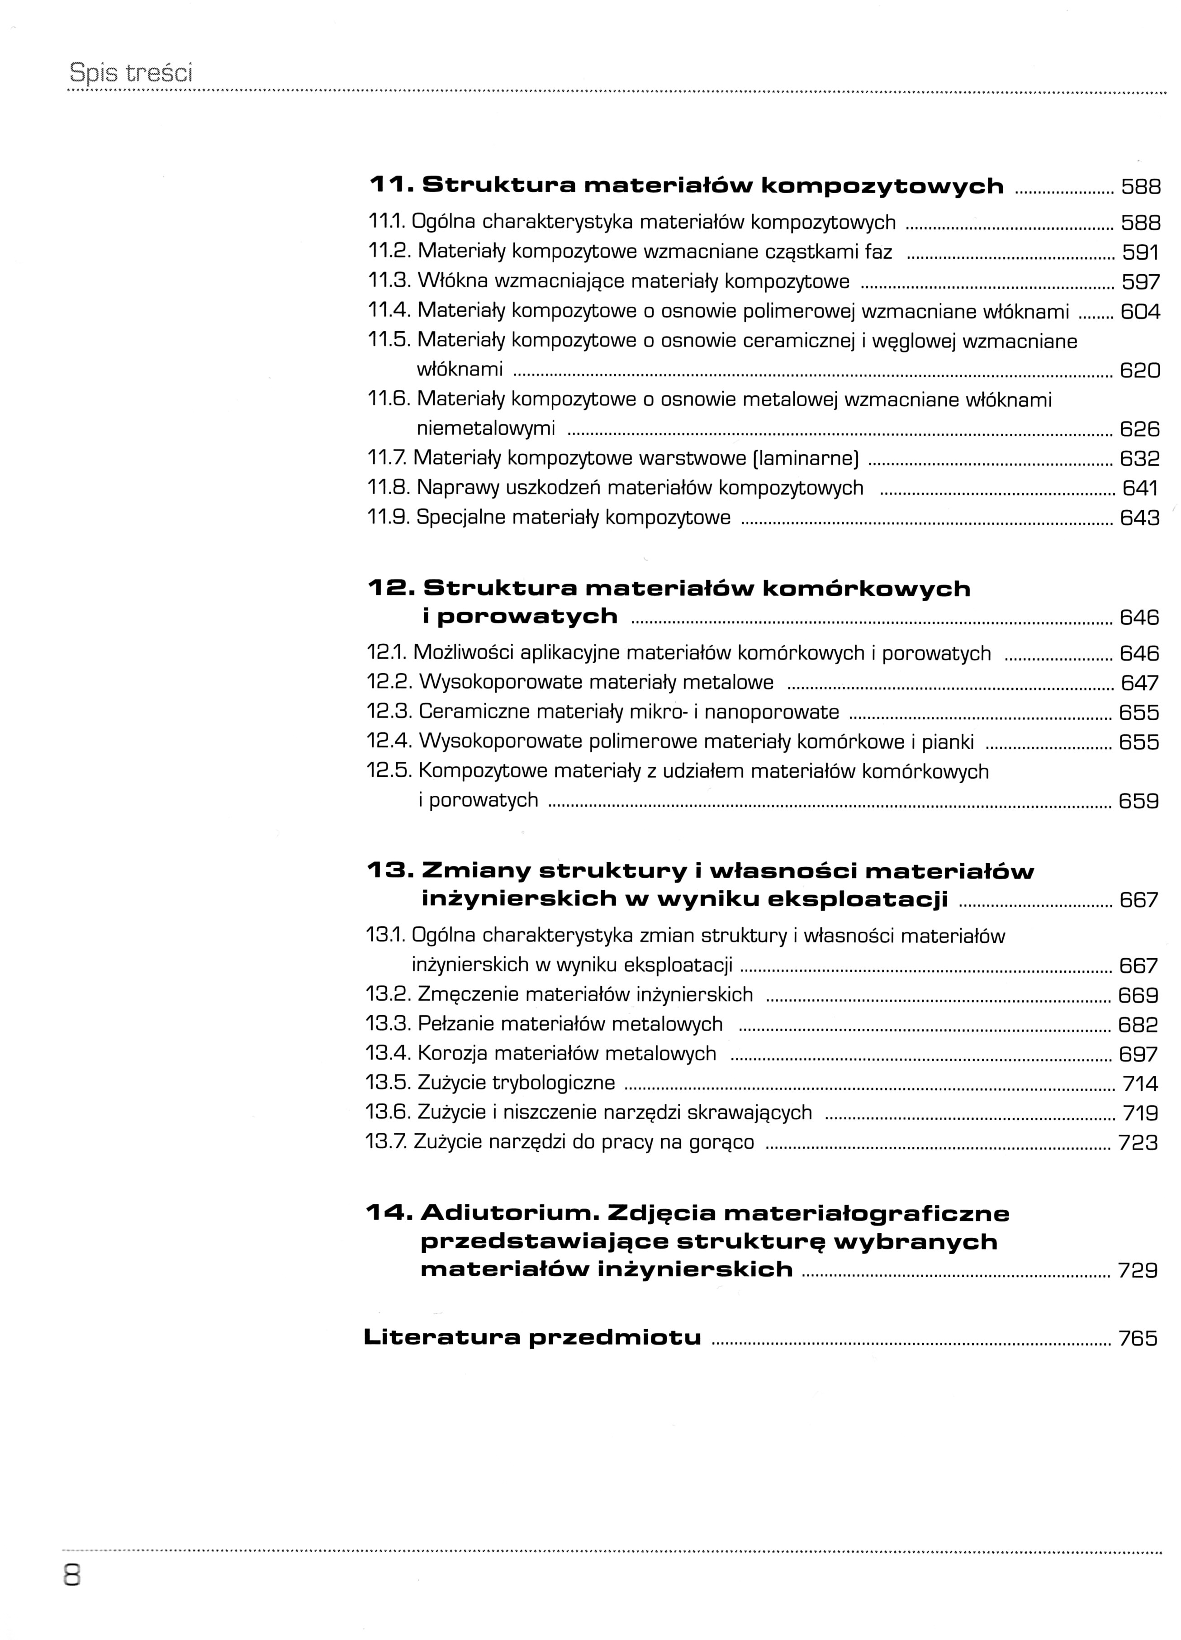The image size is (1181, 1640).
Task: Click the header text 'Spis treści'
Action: pos(131,73)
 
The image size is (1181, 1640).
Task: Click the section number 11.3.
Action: pos(389,281)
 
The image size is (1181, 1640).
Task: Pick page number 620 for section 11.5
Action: pos(1140,371)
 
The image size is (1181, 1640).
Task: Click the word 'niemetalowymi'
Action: pos(486,429)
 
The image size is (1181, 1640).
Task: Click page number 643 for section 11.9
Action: pos(1140,518)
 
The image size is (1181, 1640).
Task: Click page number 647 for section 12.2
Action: pos(1140,683)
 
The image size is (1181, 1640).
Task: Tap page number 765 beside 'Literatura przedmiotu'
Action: pos(1138,1338)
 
